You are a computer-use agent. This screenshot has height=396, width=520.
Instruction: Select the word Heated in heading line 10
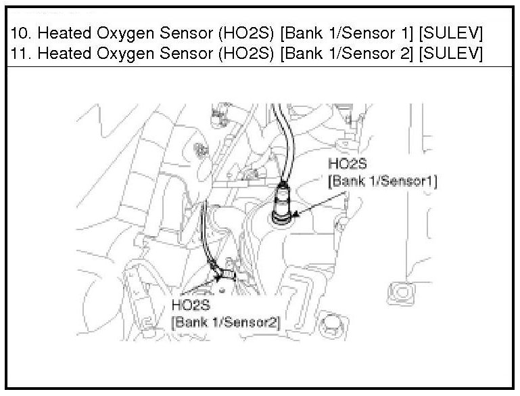coord(64,34)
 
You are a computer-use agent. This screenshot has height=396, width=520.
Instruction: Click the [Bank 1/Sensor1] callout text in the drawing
coord(382,181)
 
